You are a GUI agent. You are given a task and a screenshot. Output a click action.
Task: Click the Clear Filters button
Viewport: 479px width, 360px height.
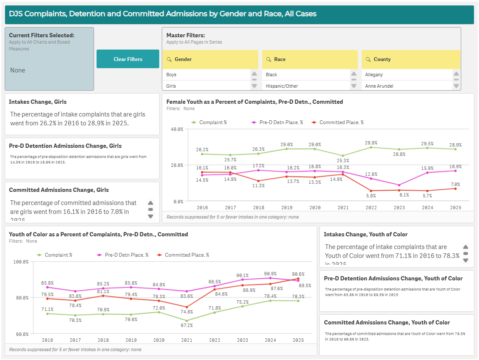click(x=128, y=59)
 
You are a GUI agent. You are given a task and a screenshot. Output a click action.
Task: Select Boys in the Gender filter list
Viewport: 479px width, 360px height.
click(x=172, y=75)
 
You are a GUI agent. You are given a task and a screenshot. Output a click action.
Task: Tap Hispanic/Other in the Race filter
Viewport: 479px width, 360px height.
click(x=282, y=86)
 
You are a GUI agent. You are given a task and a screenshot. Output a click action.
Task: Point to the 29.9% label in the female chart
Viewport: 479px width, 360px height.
click(x=371, y=143)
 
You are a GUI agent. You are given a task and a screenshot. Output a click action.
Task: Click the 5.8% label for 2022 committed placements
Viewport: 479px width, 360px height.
click(x=371, y=196)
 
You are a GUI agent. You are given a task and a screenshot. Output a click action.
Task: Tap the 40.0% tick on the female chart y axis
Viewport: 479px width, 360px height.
click(x=177, y=129)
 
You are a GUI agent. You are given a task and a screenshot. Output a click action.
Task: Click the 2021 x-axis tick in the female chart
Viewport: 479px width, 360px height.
click(x=343, y=208)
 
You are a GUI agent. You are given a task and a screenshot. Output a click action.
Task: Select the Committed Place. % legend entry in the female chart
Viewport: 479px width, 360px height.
click(x=341, y=122)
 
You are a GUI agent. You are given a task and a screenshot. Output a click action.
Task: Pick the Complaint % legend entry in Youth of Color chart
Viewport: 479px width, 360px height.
click(x=58, y=255)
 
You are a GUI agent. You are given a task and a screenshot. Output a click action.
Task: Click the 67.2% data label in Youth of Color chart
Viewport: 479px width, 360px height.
click(x=187, y=325)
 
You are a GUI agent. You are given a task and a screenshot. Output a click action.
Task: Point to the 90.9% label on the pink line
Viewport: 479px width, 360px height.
click(x=270, y=274)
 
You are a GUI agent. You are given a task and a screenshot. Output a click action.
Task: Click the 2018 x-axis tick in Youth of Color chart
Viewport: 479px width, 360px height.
click(x=103, y=340)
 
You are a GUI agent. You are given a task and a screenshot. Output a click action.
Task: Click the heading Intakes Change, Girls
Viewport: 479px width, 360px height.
click(x=38, y=102)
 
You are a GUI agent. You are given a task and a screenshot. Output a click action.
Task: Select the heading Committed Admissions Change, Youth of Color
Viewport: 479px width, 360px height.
click(x=387, y=322)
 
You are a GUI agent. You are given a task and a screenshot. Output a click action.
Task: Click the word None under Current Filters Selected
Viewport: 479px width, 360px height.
click(x=18, y=70)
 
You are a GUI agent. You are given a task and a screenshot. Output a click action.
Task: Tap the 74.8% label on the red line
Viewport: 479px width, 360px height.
click(x=187, y=312)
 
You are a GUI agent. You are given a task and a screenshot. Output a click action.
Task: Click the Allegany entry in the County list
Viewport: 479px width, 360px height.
click(x=374, y=75)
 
